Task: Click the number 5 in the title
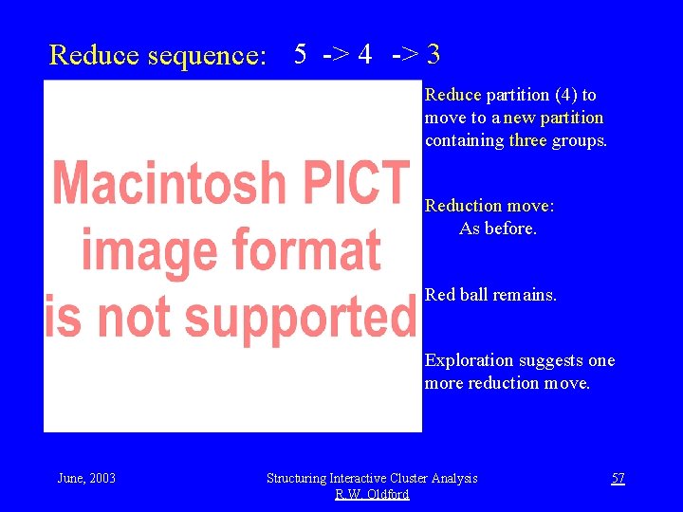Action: [x=300, y=54]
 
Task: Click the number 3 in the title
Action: [x=433, y=54]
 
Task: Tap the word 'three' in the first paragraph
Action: [x=527, y=140]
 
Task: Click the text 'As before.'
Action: [x=498, y=228]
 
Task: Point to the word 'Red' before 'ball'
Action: [x=440, y=294]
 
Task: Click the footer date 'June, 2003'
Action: [x=86, y=478]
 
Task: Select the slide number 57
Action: [x=618, y=478]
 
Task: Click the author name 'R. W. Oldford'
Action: [x=372, y=494]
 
